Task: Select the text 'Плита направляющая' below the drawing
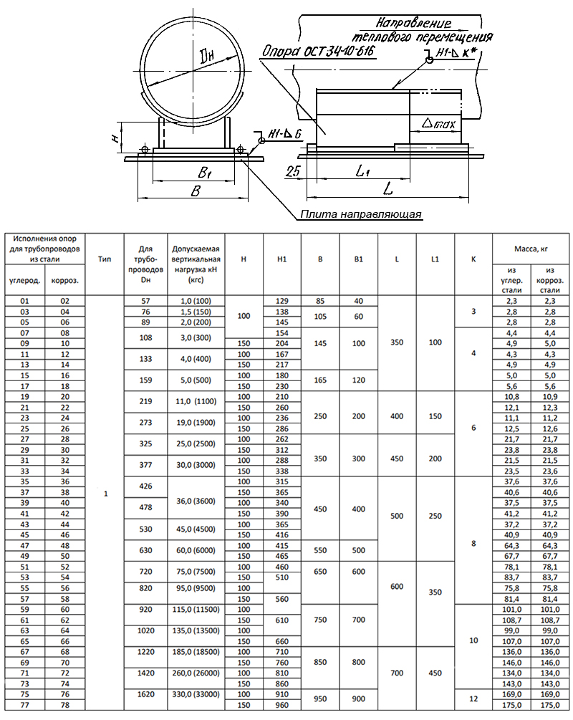pos(362,213)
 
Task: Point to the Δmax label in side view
pos(439,124)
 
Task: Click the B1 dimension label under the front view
pos(204,172)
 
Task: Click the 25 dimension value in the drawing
pos(292,171)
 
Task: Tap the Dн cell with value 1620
pos(146,694)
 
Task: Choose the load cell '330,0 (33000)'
pos(196,694)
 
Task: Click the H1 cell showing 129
pos(282,302)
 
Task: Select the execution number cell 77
pos(24,705)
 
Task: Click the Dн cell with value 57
pos(146,302)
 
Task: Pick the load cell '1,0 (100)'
pos(196,302)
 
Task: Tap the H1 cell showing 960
pos(282,705)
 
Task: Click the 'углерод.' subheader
pos(24,281)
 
